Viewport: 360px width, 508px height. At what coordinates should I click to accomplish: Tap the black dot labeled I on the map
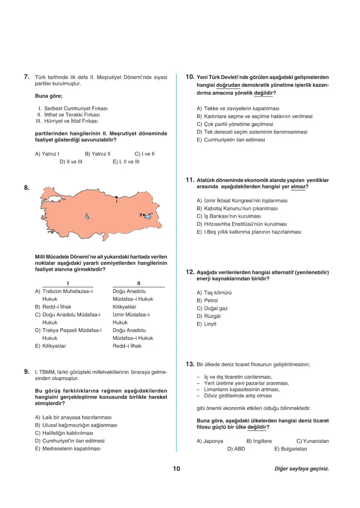click(117, 197)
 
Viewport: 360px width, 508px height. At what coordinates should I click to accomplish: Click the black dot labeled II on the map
click(144, 214)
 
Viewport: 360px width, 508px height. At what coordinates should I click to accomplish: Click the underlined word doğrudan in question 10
click(228, 85)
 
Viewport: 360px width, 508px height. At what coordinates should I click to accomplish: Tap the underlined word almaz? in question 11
click(299, 187)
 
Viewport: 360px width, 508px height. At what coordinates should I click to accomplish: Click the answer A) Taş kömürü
click(214, 293)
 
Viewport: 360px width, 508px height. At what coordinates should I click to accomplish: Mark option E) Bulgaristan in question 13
click(290, 449)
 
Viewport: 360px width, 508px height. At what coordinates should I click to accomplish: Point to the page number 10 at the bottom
click(176, 469)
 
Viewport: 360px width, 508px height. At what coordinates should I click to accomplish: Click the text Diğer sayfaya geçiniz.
click(301, 469)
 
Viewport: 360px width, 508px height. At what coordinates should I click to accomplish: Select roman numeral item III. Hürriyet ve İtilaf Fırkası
click(67, 121)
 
